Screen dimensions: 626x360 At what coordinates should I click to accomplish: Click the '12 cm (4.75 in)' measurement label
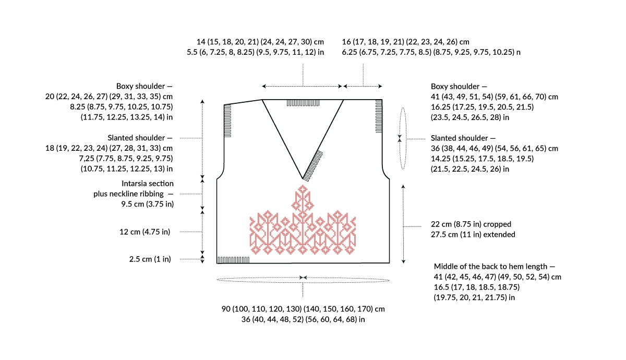click(x=145, y=232)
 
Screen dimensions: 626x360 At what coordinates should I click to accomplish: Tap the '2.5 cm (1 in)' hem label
click(x=150, y=259)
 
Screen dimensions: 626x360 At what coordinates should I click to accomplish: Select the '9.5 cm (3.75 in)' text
click(x=147, y=204)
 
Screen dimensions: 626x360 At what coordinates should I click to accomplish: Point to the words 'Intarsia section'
click(x=147, y=183)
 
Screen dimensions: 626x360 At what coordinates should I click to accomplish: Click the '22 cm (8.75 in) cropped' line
click(x=471, y=224)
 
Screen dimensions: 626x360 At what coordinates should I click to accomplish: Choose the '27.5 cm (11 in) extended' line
click(x=473, y=234)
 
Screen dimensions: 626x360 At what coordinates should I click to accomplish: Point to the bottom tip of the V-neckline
click(x=303, y=179)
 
